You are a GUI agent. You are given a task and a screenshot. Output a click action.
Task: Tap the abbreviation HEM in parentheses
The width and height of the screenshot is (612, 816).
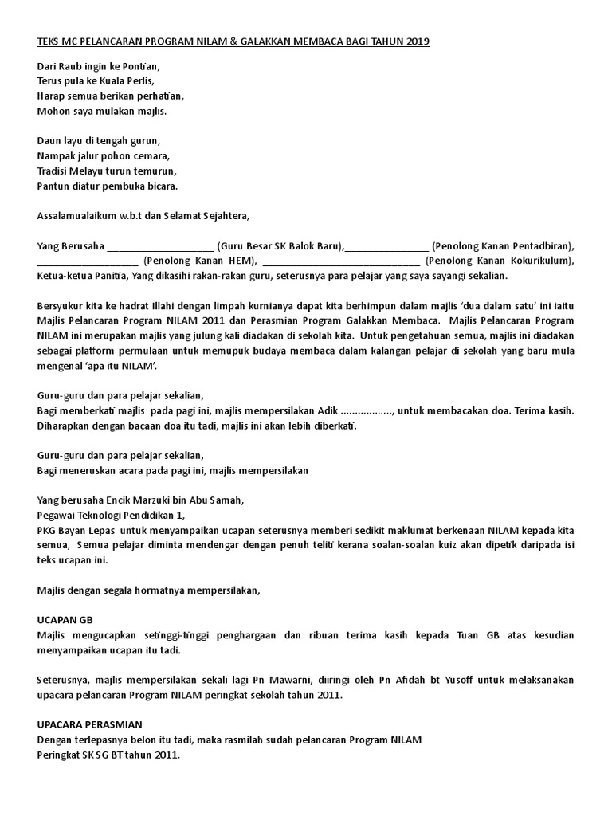pos(236,260)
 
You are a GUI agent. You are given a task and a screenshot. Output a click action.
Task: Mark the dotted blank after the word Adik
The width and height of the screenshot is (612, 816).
pos(366,410)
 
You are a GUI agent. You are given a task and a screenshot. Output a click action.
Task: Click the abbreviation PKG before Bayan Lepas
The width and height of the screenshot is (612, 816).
pos(48,530)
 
